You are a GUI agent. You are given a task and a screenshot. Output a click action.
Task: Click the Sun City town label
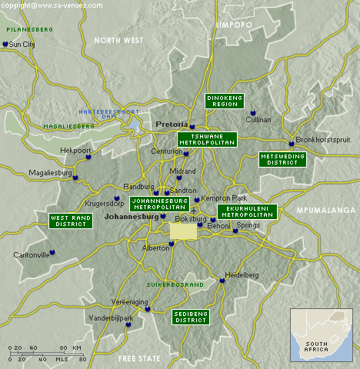click(x=23, y=45)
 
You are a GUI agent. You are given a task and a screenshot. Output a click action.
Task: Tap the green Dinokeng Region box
click(x=225, y=101)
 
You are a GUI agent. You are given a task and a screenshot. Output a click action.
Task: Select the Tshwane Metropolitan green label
click(x=207, y=139)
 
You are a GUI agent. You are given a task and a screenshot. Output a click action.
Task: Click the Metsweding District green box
click(x=282, y=159)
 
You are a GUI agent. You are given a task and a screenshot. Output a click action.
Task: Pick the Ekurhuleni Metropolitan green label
click(x=245, y=211)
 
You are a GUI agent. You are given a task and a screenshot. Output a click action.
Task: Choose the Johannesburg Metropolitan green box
click(x=158, y=204)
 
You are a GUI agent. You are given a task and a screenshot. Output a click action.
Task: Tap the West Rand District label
click(x=70, y=221)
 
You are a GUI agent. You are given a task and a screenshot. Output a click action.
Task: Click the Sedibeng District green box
click(x=190, y=316)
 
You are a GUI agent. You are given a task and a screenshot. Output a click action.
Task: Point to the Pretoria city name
click(x=171, y=124)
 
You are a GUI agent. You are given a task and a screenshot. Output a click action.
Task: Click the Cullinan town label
click(x=258, y=120)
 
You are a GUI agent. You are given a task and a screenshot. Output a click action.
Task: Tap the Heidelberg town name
click(x=242, y=274)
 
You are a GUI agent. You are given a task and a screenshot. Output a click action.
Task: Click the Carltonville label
click(x=32, y=254)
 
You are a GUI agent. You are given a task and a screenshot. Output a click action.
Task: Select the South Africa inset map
click(x=321, y=334)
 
